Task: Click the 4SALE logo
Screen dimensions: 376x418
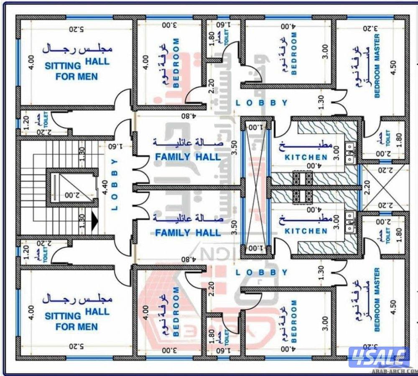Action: (378, 357)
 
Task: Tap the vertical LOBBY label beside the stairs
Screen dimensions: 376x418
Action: (115, 184)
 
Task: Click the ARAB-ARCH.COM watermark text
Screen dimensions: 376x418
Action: (400, 370)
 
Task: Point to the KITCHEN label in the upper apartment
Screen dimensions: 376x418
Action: (306, 158)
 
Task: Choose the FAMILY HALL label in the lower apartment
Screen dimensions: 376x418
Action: (188, 233)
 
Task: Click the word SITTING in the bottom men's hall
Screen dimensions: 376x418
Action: (63, 316)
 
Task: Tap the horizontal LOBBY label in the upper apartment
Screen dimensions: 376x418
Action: (261, 103)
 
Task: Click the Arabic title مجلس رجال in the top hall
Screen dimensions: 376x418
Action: (77, 48)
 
